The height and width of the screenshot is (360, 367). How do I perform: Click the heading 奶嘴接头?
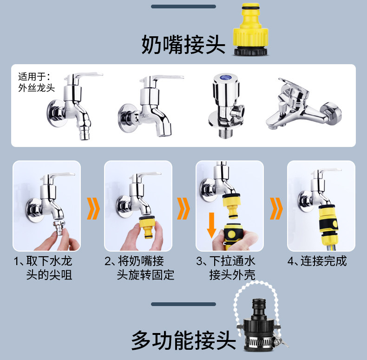(183, 45)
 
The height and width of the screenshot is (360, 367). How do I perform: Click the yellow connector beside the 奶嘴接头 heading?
(251, 29)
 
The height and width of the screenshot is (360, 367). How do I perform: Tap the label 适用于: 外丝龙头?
(36, 82)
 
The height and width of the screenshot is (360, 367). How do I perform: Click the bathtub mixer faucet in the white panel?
(303, 104)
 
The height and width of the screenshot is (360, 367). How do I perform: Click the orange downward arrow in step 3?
(211, 225)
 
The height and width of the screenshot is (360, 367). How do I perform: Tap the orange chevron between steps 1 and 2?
(93, 208)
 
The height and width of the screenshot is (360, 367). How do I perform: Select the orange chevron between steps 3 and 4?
(276, 208)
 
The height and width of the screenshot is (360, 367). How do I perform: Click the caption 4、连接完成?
(317, 261)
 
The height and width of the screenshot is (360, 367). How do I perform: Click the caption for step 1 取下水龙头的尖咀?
(43, 268)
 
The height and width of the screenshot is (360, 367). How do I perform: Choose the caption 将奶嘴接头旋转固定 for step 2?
(139, 268)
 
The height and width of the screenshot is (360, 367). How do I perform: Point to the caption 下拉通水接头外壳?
(226, 268)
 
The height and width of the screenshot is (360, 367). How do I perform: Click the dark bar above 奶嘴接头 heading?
(183, 7)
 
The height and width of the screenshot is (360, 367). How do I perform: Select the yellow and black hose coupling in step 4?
(328, 225)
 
